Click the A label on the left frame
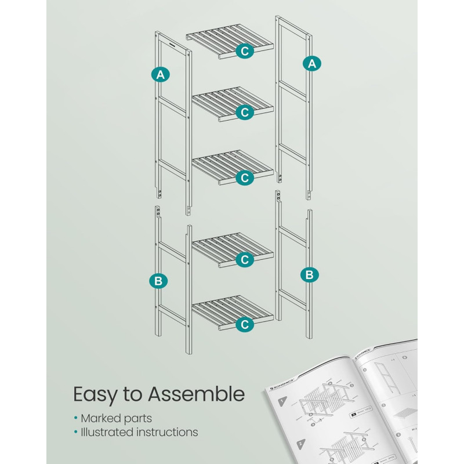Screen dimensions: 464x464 tap(161, 74)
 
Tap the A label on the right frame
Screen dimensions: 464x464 tap(312, 64)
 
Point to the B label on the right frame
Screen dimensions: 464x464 tap(310, 274)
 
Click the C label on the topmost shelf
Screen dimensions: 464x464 tap(245, 51)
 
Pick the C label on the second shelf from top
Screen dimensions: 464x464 tap(245, 113)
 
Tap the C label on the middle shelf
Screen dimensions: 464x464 tap(245, 177)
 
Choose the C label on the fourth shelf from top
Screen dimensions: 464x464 tap(245, 260)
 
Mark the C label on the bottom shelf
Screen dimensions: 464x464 tap(245, 325)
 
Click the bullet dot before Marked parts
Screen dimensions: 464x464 tap(75, 418)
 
